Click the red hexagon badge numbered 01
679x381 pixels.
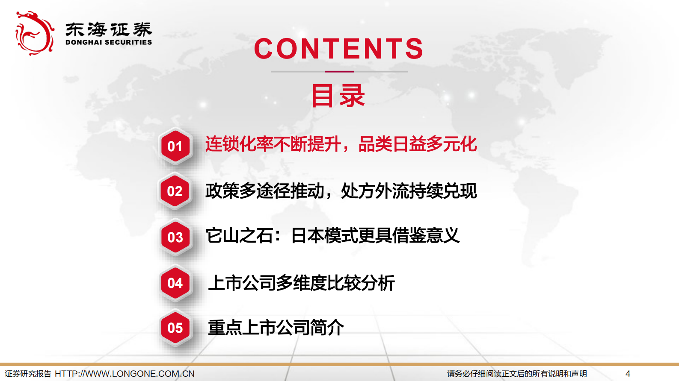click(x=175, y=147)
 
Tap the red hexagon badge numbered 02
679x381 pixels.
click(x=175, y=191)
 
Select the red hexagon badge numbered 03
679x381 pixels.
click(x=175, y=237)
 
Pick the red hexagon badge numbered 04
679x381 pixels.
click(x=175, y=283)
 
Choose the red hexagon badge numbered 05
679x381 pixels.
click(x=175, y=328)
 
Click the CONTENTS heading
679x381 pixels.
click(x=339, y=49)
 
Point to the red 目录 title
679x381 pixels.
click(x=338, y=96)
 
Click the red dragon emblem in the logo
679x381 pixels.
click(x=34, y=33)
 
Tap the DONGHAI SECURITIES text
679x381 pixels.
click(x=109, y=42)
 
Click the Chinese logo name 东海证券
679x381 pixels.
click(x=109, y=29)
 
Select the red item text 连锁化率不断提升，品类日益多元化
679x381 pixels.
click(x=341, y=144)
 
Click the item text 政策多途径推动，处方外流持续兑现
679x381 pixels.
click(x=341, y=191)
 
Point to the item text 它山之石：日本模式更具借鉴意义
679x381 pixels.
click(x=332, y=235)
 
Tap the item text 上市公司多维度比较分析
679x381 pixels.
click(x=301, y=283)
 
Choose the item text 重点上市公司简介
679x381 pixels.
click(x=276, y=328)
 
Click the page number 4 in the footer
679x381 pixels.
click(x=628, y=374)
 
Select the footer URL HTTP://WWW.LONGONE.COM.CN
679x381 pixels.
click(x=125, y=374)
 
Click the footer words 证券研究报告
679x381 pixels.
click(x=28, y=374)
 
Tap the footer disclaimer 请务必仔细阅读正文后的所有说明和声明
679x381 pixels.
click(x=517, y=374)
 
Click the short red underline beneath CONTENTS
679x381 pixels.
click(x=339, y=71)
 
